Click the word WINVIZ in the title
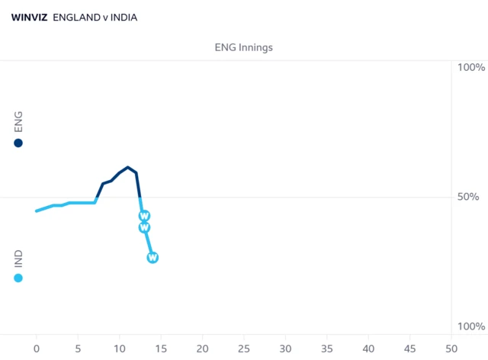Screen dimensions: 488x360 tap(29, 18)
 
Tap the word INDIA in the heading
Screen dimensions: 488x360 tap(124, 18)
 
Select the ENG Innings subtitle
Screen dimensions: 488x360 tap(244, 47)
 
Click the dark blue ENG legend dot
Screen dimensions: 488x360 tap(18, 143)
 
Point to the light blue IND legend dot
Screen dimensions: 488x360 tap(18, 278)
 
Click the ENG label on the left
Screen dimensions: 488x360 tap(18, 122)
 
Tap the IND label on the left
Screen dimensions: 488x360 tap(18, 259)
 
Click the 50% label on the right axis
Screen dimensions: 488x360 tap(468, 197)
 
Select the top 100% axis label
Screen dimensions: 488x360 tap(471, 67)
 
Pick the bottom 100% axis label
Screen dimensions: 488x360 tap(471, 326)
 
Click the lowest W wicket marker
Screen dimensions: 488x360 tap(152, 258)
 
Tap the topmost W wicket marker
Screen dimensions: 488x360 tap(144, 216)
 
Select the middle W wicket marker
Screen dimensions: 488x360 tap(144, 227)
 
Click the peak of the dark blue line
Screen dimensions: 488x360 tap(127, 167)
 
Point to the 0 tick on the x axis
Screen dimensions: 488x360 tap(37, 349)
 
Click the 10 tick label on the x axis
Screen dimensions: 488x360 tap(120, 349)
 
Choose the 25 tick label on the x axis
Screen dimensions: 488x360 tap(244, 349)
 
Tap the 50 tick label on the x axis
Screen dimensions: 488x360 tap(451, 349)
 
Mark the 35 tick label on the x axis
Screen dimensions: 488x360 tap(327, 349)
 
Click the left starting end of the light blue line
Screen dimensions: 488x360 tap(37, 211)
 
